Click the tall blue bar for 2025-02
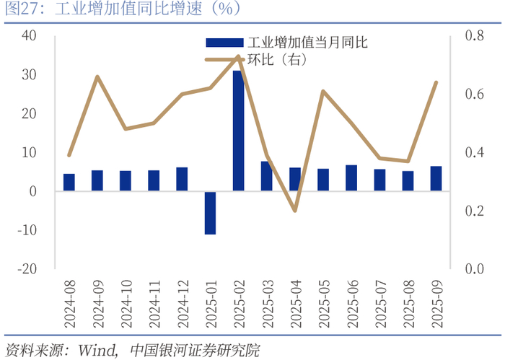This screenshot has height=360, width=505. (x=238, y=131)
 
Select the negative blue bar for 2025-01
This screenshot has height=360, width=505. (x=211, y=213)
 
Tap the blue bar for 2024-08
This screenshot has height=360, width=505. (x=69, y=183)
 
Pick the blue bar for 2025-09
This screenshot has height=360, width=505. (x=436, y=178)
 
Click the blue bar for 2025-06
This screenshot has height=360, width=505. (x=351, y=177)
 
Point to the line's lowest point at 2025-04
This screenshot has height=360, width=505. (x=295, y=211)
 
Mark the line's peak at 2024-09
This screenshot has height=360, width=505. (x=97, y=76)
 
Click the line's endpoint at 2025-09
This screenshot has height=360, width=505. (x=436, y=83)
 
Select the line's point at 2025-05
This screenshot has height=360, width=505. (x=323, y=92)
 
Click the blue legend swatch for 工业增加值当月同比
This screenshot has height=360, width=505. (x=224, y=43)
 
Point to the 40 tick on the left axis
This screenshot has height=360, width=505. (x=29, y=35)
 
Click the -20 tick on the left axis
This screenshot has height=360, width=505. (x=27, y=268)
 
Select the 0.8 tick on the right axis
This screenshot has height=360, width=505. (x=475, y=35)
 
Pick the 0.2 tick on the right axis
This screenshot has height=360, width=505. (x=475, y=211)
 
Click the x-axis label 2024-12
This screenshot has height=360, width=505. (x=183, y=304)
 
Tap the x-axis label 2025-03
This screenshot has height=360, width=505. (x=267, y=304)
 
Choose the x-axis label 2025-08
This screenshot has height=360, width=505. (x=408, y=304)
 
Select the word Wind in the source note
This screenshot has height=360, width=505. (x=96, y=351)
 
